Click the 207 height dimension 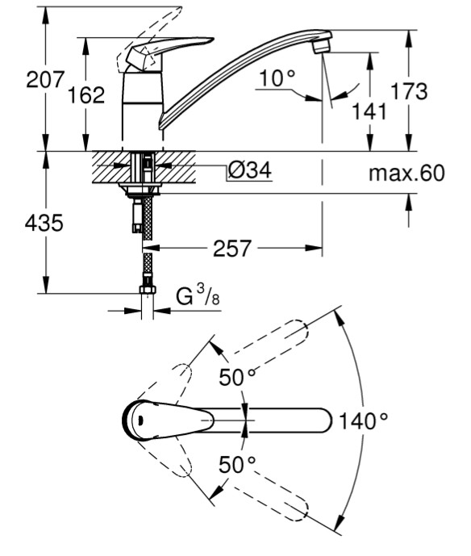point(44,79)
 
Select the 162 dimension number point(86,95)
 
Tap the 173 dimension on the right point(409,90)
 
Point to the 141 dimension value point(369,111)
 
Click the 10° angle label point(277,78)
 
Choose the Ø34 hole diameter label point(250,170)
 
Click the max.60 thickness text point(406,173)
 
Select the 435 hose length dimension point(44,223)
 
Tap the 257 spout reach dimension point(232,249)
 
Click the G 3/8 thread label point(198,296)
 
